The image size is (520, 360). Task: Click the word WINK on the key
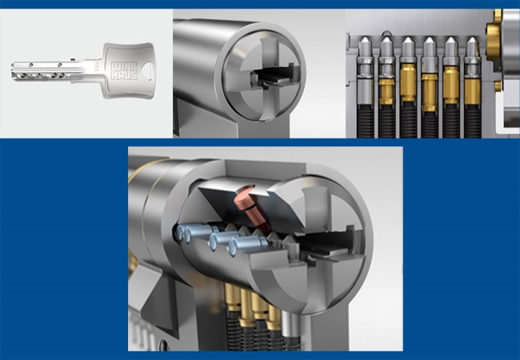point(124,66)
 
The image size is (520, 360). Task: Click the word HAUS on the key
point(124,75)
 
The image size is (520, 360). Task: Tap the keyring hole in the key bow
point(148,71)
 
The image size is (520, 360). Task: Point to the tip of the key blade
point(12,70)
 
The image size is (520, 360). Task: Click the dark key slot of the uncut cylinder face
point(273,76)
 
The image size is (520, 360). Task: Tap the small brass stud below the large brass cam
point(498,86)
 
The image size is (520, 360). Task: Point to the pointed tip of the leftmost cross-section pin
point(365,38)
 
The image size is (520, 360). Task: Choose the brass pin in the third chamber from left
point(408,83)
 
